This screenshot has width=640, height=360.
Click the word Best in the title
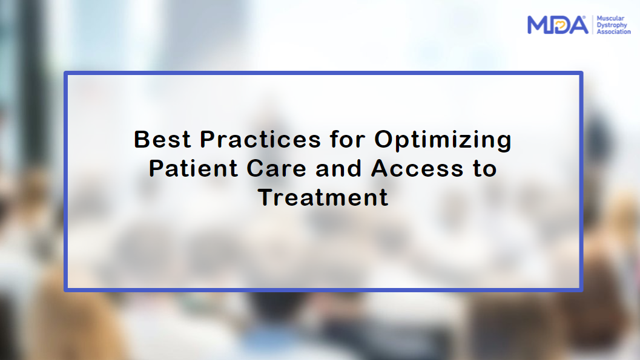click(x=162, y=139)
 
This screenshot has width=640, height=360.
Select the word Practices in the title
click(x=260, y=139)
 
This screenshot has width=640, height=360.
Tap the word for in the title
click(x=348, y=139)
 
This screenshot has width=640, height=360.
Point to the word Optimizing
click(x=443, y=140)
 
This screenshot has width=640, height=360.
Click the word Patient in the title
click(x=193, y=168)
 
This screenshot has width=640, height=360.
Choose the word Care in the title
click(x=276, y=168)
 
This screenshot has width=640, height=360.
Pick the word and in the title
click(x=338, y=168)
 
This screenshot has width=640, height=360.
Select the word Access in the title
click(x=417, y=168)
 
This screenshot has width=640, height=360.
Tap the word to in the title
click(x=485, y=169)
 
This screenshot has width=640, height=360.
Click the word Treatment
click(x=323, y=197)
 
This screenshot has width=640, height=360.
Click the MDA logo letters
click(x=558, y=25)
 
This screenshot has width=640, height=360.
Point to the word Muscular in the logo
click(x=610, y=18)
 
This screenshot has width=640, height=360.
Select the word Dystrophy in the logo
click(x=612, y=25)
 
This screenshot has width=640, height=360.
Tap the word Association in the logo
click(x=613, y=31)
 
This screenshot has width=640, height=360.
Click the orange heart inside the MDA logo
click(x=561, y=25)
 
